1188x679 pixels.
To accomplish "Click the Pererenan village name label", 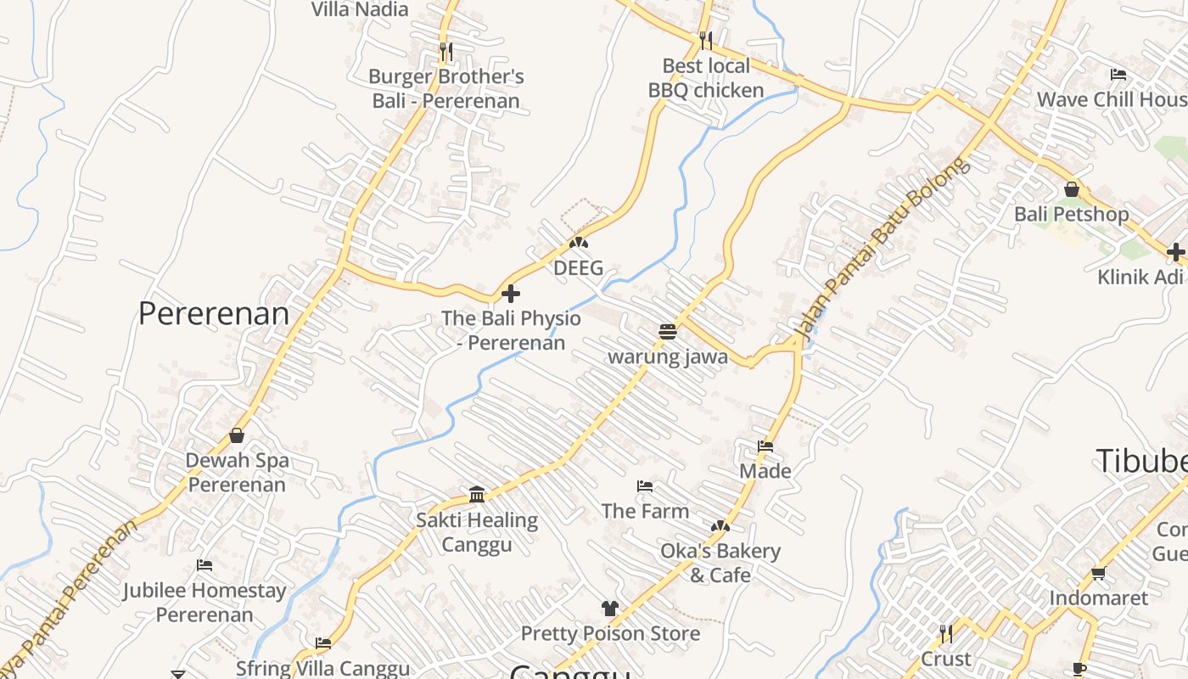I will [213, 314].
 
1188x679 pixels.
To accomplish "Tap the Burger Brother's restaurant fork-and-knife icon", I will [446, 52].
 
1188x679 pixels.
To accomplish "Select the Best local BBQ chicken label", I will [706, 78].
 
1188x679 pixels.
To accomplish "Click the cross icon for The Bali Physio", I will [511, 294].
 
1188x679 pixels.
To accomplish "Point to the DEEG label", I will [578, 268].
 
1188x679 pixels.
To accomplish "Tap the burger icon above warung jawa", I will [668, 331].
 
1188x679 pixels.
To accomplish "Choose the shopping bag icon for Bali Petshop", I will [1072, 188].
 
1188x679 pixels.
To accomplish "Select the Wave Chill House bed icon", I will [1118, 75].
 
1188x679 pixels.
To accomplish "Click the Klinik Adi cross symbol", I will [1175, 251].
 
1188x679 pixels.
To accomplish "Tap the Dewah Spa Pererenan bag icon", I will [237, 435].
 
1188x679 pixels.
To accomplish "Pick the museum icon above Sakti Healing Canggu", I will [477, 495].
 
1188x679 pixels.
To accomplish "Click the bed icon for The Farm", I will [645, 486].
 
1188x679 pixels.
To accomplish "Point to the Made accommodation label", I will [765, 471].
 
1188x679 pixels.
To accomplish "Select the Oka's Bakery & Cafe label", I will [720, 563].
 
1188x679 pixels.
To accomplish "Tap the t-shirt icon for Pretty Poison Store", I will [610, 608].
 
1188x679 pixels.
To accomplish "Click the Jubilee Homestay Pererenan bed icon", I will [205, 565].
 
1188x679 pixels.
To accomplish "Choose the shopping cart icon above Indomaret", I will [1098, 573].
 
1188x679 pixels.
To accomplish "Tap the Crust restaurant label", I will [946, 659].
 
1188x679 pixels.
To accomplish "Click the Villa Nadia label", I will [360, 9].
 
